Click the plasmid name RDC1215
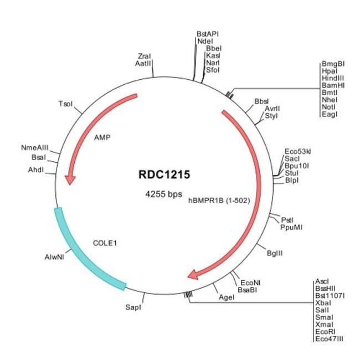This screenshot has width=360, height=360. point(164,174)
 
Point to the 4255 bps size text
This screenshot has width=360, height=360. point(164,194)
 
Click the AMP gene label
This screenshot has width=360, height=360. point(102,137)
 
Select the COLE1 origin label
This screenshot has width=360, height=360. point(105,243)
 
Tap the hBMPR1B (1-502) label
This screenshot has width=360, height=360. point(219,200)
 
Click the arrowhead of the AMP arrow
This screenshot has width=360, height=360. point(70,179)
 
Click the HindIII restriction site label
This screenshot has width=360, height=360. point(333,78)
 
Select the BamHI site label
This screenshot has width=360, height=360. point(333,85)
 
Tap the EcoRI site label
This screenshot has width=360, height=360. point(325,332)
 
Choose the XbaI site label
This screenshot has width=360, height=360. point(323,303)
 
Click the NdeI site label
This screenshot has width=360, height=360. point(205,42)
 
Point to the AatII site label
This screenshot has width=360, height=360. point(143,63)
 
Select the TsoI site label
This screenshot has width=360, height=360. point(65,104)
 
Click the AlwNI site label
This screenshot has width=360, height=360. point(54,257)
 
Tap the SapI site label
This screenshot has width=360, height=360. point(133,307)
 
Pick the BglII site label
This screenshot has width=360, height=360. point(275,253)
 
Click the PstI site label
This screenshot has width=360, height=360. point(287,220)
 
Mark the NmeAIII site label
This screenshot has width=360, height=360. point(35,148)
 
